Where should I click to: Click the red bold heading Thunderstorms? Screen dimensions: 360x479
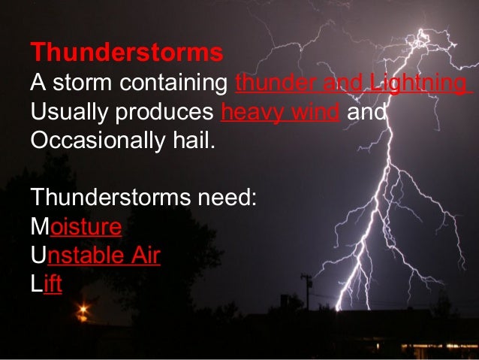pyautogui.click(x=127, y=53)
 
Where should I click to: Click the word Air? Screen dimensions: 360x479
pyautogui.click(x=143, y=256)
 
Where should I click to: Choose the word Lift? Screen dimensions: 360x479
pyautogui.click(x=46, y=285)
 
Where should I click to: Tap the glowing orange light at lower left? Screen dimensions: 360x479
pyautogui.click(x=83, y=309)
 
